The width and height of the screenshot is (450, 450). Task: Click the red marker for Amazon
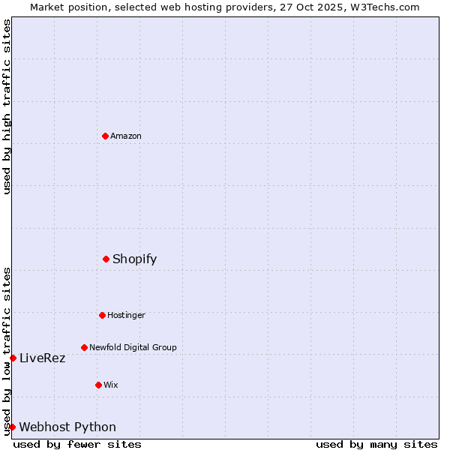click(x=105, y=136)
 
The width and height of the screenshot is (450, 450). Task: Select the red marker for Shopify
click(x=106, y=259)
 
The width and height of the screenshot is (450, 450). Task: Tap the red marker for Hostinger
click(x=102, y=315)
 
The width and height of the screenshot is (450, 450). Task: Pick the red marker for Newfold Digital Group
click(x=84, y=347)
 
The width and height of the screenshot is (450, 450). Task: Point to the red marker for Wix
click(x=98, y=385)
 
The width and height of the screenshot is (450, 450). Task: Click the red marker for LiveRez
click(x=13, y=358)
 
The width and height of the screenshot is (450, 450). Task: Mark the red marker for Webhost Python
click(x=13, y=427)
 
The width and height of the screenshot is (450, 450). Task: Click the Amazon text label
click(x=126, y=136)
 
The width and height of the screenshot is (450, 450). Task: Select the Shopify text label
click(x=135, y=259)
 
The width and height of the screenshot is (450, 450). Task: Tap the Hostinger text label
click(x=126, y=315)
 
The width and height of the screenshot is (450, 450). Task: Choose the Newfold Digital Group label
click(x=133, y=347)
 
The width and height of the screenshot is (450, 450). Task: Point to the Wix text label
click(x=111, y=385)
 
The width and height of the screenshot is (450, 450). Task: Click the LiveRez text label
click(x=43, y=358)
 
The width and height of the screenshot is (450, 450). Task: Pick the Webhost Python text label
click(x=67, y=427)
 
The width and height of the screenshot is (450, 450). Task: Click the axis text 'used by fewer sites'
click(x=77, y=444)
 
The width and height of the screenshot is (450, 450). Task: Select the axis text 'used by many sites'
click(x=376, y=444)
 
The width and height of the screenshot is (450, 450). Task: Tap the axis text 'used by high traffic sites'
click(x=7, y=106)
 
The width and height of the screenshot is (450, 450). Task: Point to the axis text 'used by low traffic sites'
click(x=7, y=350)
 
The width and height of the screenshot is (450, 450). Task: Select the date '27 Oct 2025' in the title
click(x=317, y=7)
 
